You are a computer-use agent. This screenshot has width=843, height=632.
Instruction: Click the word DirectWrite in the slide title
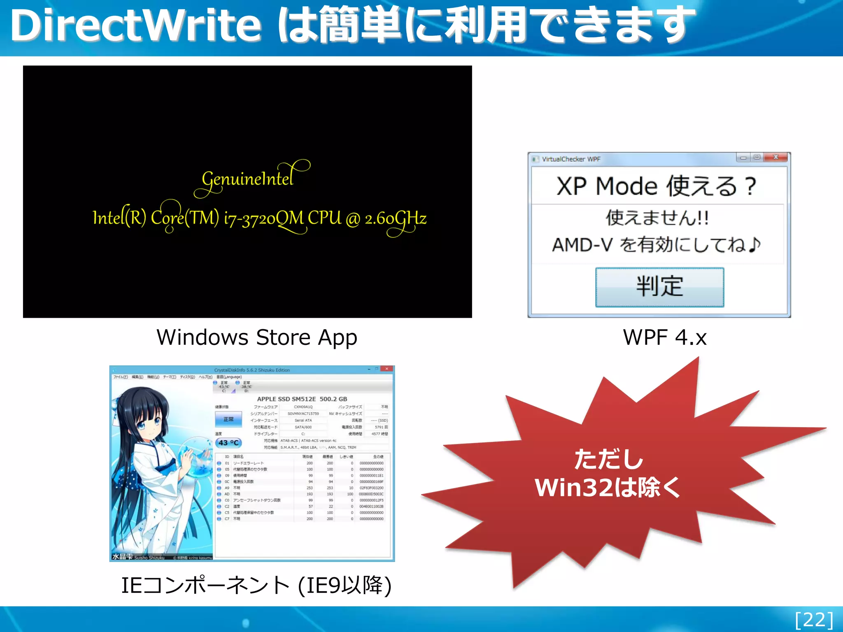pos(136,26)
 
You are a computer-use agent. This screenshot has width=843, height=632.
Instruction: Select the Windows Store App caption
pos(257,337)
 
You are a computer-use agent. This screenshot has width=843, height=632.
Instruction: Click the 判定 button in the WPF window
pos(659,287)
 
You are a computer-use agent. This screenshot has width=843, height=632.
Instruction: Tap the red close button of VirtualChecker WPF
pos(776,157)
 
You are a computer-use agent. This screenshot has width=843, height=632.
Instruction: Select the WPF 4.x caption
pos(665,337)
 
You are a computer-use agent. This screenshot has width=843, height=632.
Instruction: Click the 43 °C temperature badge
pos(228,443)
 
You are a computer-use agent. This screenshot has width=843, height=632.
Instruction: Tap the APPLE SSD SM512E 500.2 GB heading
pos(302,399)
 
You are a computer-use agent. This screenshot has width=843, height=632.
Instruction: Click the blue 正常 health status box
pos(228,419)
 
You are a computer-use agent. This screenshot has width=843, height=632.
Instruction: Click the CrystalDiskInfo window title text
pos(252,370)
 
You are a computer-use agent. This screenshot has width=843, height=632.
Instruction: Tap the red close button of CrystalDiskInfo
pos(387,369)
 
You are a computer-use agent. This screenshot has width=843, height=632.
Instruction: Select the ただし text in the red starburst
pos(608,459)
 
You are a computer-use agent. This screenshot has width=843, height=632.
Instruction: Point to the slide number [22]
pos(814,620)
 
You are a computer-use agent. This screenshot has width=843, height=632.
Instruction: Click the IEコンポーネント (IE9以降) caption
pos(256,585)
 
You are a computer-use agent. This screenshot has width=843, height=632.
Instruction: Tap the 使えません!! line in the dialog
pos(657,218)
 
